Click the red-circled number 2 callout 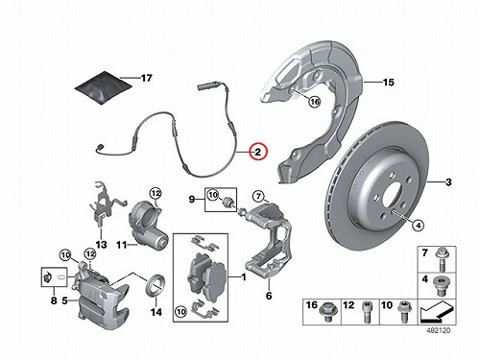[258, 152]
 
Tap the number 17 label [147, 78]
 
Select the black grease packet [104, 87]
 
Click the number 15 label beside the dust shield [388, 83]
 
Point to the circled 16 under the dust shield [315, 102]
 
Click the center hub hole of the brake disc [393, 196]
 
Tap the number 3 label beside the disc [448, 182]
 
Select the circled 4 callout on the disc [418, 225]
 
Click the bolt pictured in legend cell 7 [441, 260]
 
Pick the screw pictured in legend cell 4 [441, 286]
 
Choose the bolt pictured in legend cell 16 [327, 311]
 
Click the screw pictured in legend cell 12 [366, 312]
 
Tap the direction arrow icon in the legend [437, 312]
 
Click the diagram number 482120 [438, 330]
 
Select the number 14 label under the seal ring [156, 312]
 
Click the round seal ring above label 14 [156, 285]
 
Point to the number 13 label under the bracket [101, 245]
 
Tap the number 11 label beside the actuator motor [121, 245]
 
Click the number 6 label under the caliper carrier [269, 296]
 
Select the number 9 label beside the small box [192, 200]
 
